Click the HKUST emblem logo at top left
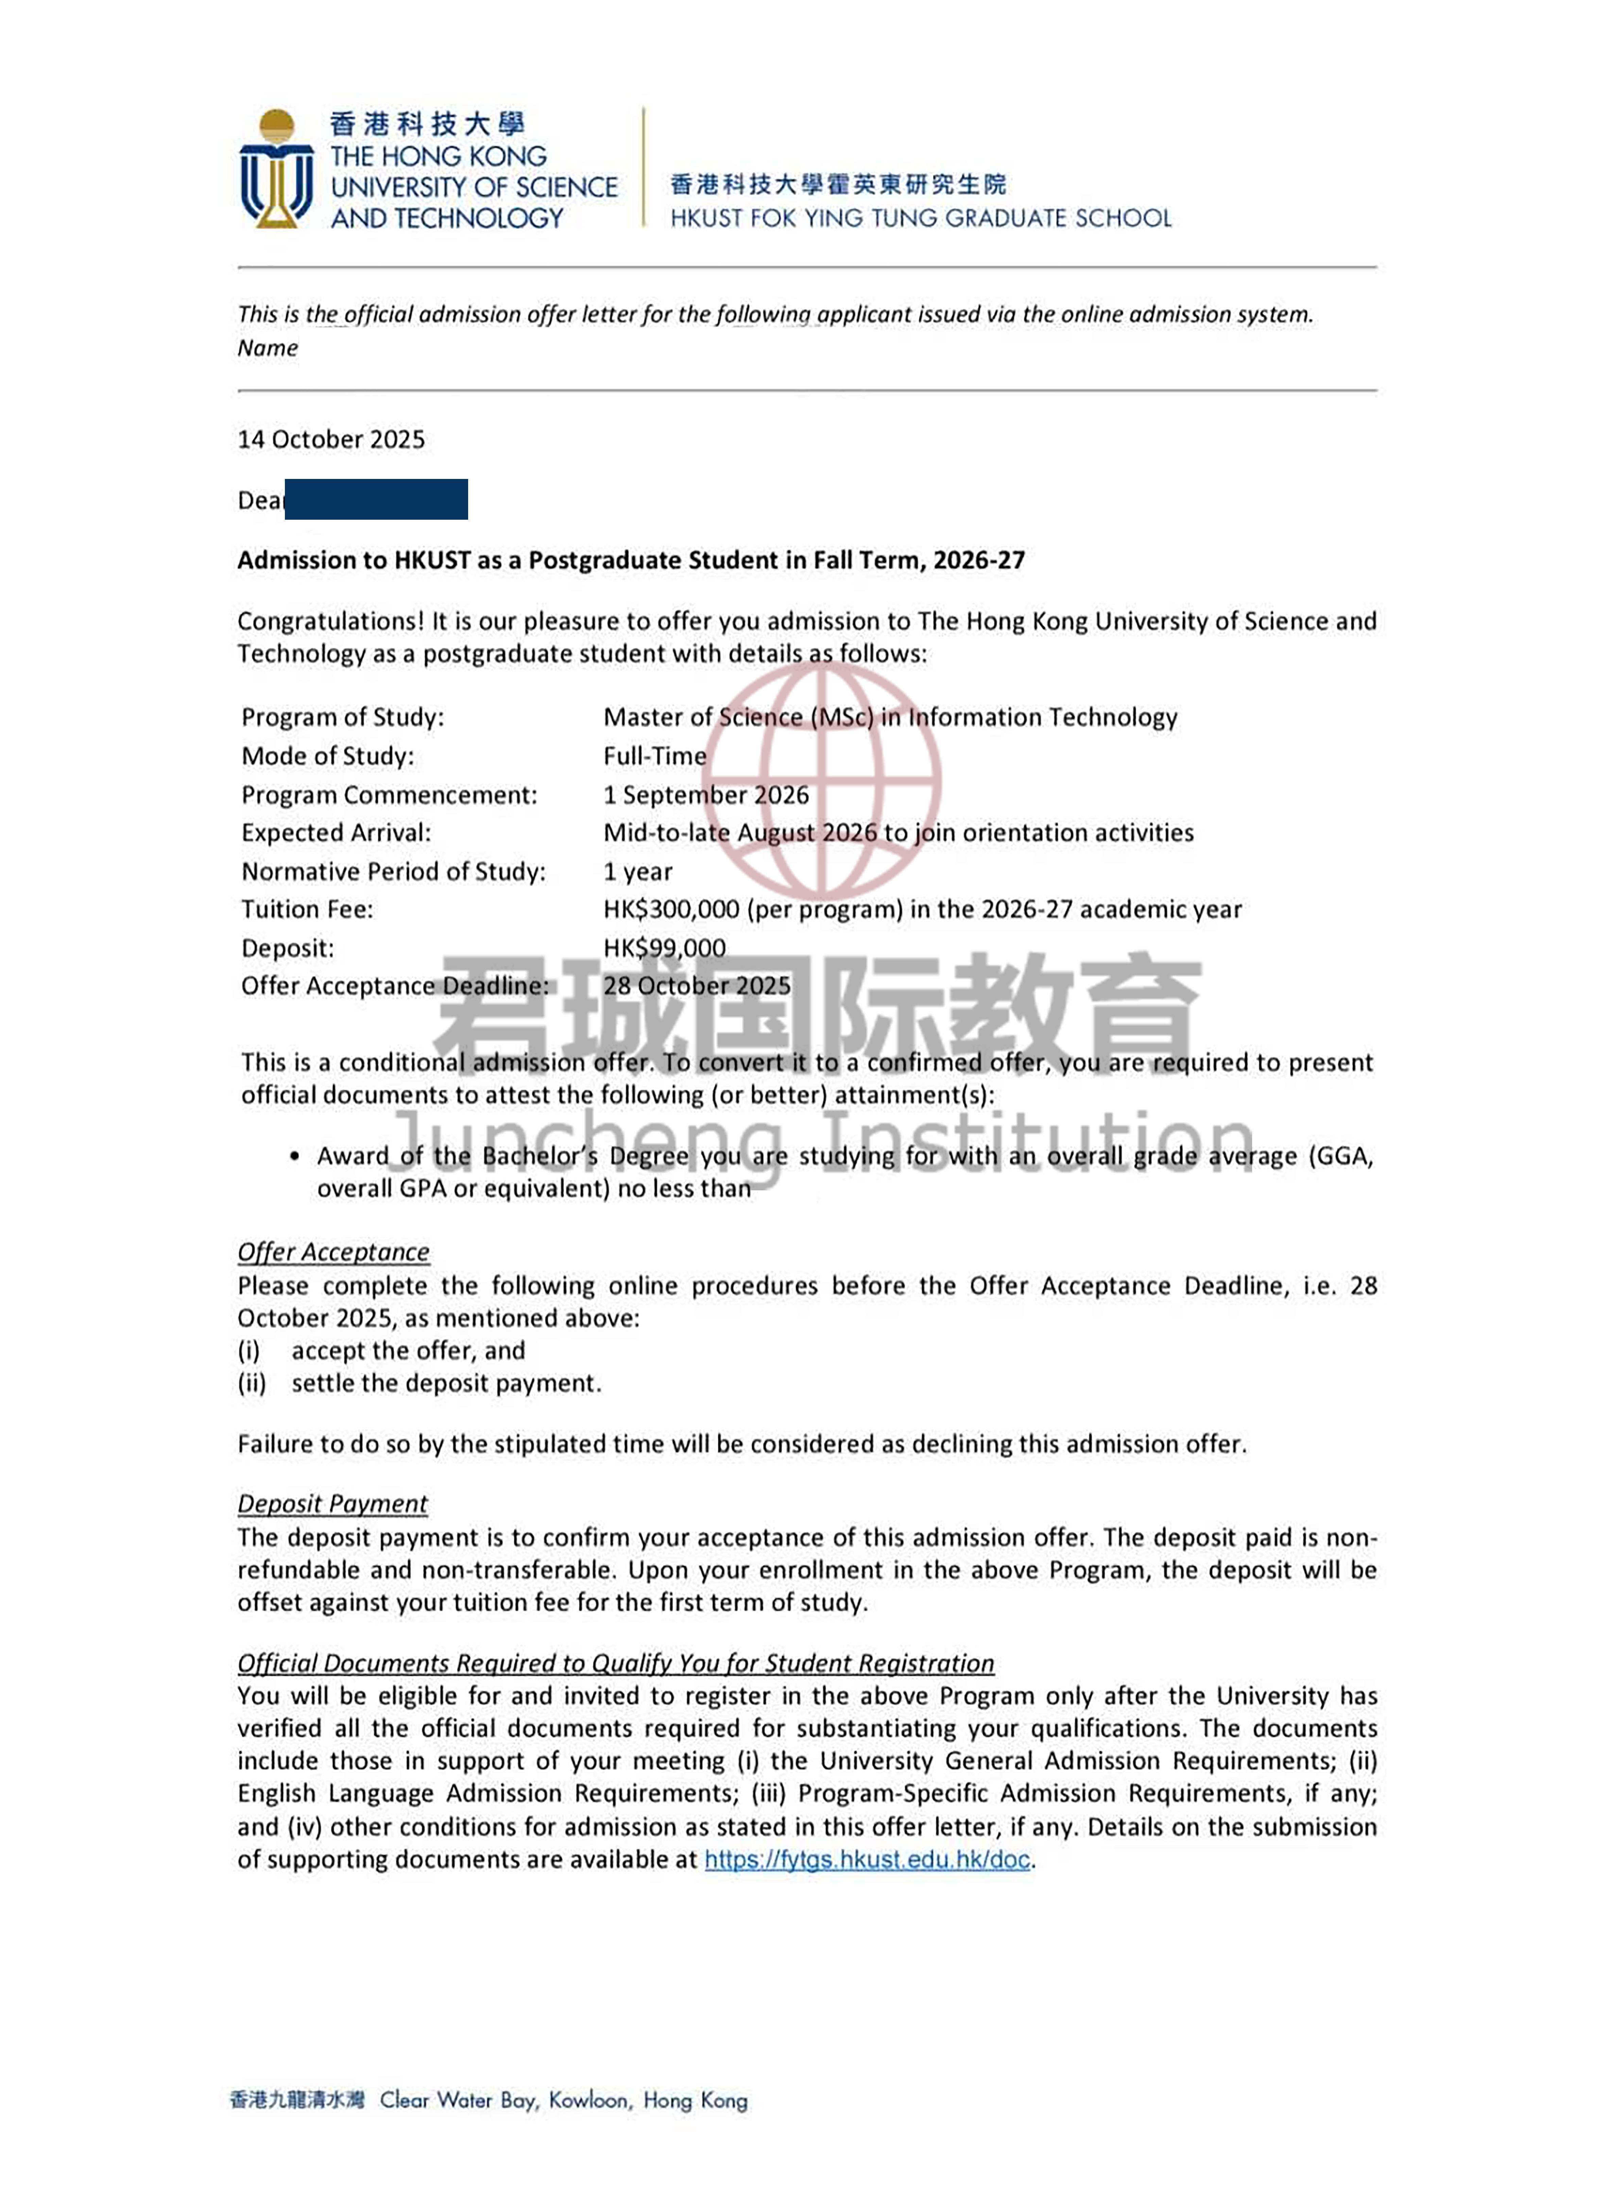click(x=277, y=169)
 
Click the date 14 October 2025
click(x=331, y=439)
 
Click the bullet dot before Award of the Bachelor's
click(x=294, y=1157)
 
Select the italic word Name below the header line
click(x=268, y=348)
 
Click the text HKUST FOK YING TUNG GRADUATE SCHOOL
click(x=920, y=218)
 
